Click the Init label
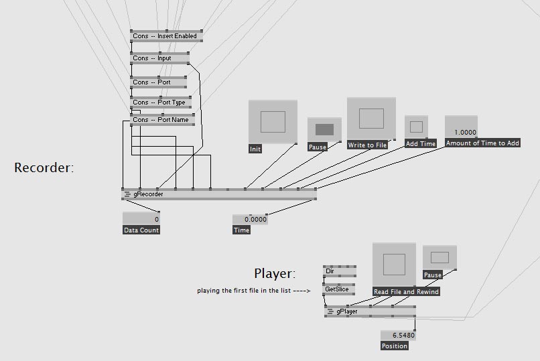tap(255, 149)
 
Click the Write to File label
tap(367, 145)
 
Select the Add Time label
tap(421, 143)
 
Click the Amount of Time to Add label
tap(482, 143)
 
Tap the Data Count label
tap(141, 230)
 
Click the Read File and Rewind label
tap(406, 291)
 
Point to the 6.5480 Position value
tap(398, 335)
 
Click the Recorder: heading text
tap(44, 168)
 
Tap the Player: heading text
tap(275, 273)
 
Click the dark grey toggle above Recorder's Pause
tap(324, 129)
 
